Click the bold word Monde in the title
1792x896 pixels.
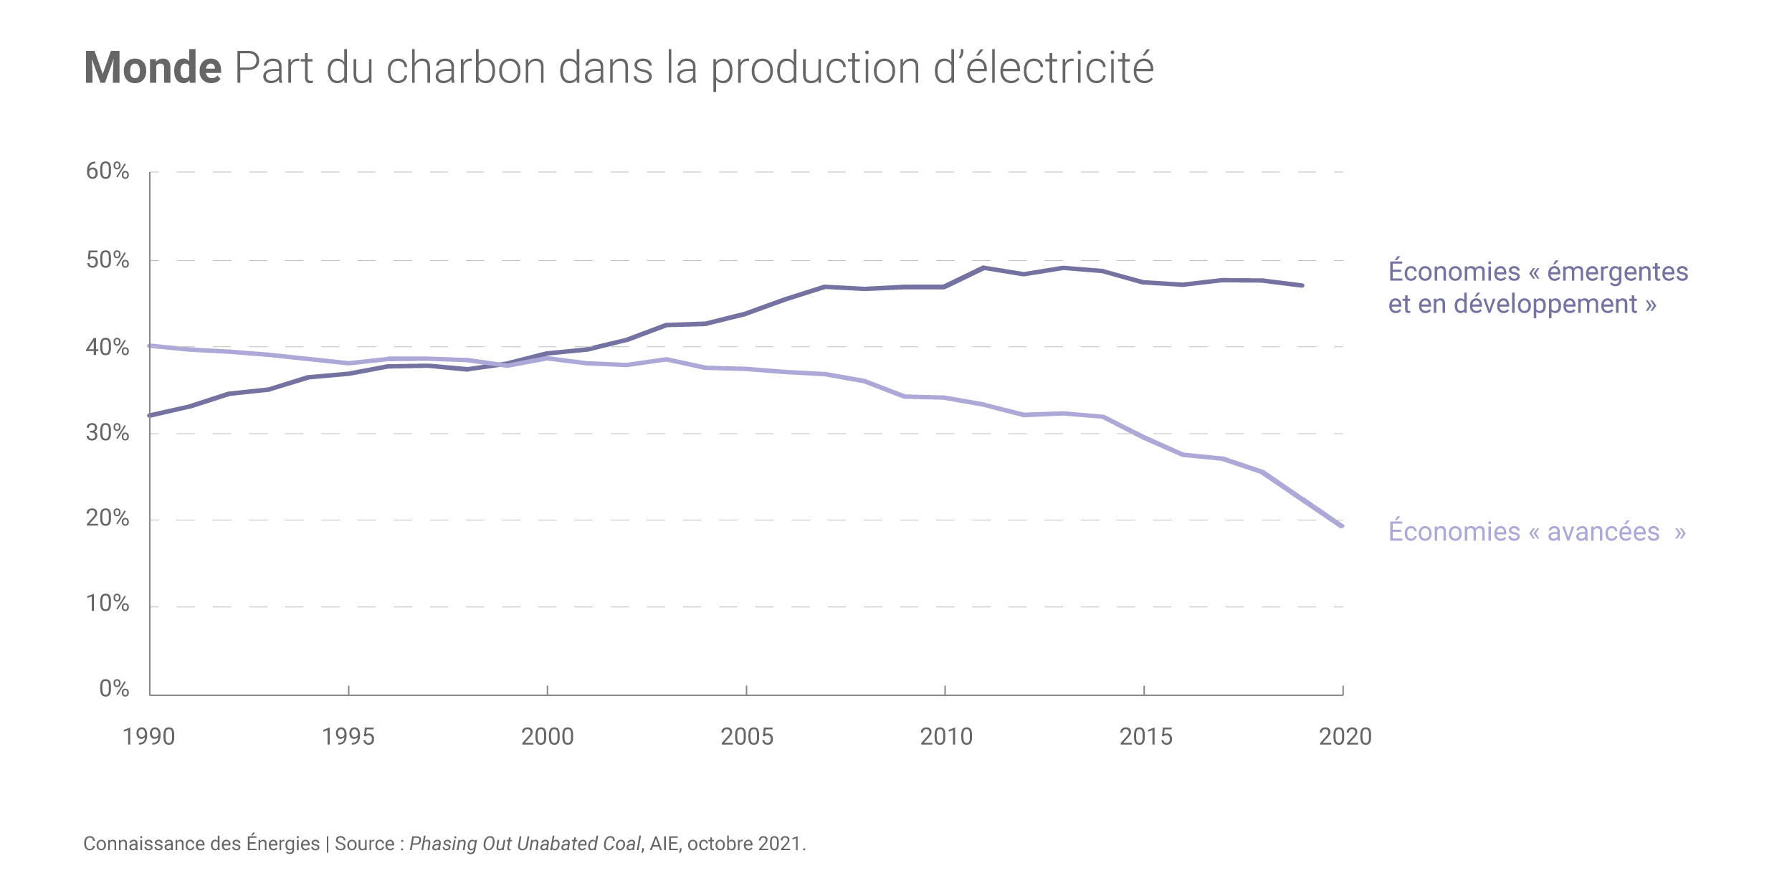153,68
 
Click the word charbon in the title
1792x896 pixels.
466,68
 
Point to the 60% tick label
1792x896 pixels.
108,171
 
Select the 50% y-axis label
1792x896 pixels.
108,260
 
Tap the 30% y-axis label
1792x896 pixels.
108,433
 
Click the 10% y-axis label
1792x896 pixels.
108,604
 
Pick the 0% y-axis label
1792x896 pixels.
114,690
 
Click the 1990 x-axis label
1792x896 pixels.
149,737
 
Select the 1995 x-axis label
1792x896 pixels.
348,737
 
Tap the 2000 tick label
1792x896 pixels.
548,737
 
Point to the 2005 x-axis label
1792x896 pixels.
747,737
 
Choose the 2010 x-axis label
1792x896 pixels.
946,737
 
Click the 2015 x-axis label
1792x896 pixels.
1145,737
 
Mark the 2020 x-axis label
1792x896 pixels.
1345,737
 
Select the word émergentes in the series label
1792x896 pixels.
1618,272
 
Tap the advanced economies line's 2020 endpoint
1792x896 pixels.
1341,525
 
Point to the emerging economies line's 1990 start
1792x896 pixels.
151,415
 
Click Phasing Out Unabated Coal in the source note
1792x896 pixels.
525,844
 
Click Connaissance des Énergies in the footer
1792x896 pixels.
201,844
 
